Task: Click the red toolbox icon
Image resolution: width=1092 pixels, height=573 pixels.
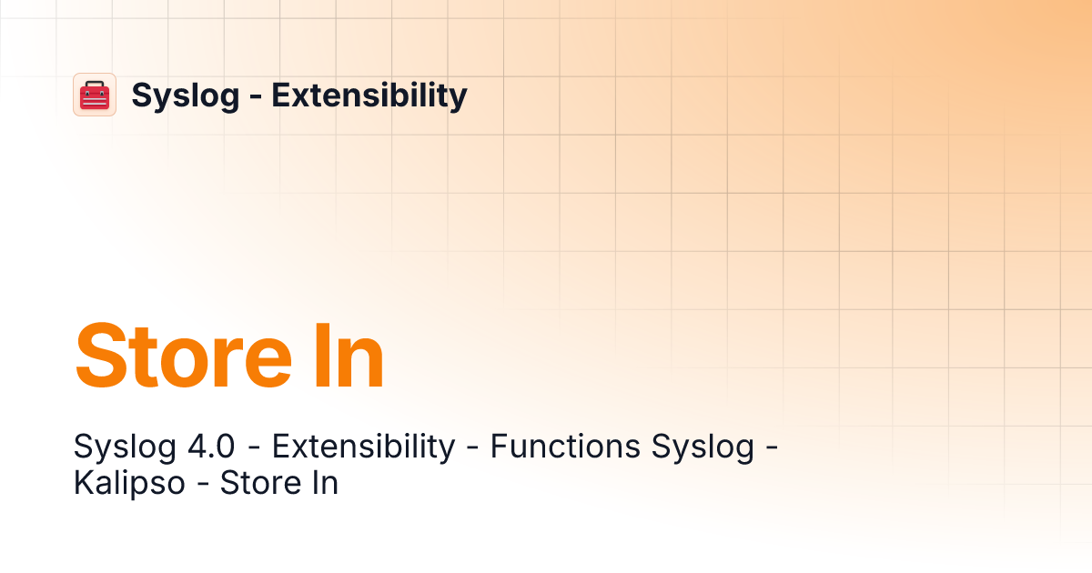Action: [95, 95]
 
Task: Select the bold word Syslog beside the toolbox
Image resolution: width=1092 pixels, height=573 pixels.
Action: [185, 95]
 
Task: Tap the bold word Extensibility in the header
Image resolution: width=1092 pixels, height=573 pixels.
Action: [369, 95]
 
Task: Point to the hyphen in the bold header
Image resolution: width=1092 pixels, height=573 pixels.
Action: [255, 96]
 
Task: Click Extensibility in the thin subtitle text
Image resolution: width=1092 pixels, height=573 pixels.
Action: [363, 447]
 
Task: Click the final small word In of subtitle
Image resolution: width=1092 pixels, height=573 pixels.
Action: [323, 483]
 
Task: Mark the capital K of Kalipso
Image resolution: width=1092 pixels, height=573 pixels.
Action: [83, 483]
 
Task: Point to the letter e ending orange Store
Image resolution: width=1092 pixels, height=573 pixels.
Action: [278, 362]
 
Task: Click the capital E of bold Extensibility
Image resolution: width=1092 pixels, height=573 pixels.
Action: [281, 95]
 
